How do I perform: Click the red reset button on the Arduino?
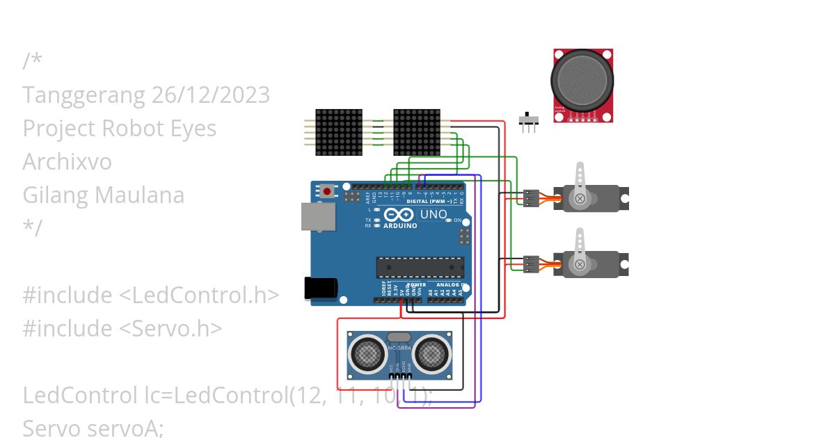point(327,190)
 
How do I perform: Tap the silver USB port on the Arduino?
point(317,216)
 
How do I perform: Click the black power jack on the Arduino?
point(321,289)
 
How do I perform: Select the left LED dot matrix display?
point(339,132)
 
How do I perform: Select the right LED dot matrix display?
point(417,132)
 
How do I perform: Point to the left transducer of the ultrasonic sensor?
point(368,354)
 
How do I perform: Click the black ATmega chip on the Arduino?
point(420,268)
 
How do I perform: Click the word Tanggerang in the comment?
point(83,95)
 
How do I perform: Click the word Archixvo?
point(67,161)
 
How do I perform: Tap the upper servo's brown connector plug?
point(531,198)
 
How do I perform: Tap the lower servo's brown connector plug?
point(531,264)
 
